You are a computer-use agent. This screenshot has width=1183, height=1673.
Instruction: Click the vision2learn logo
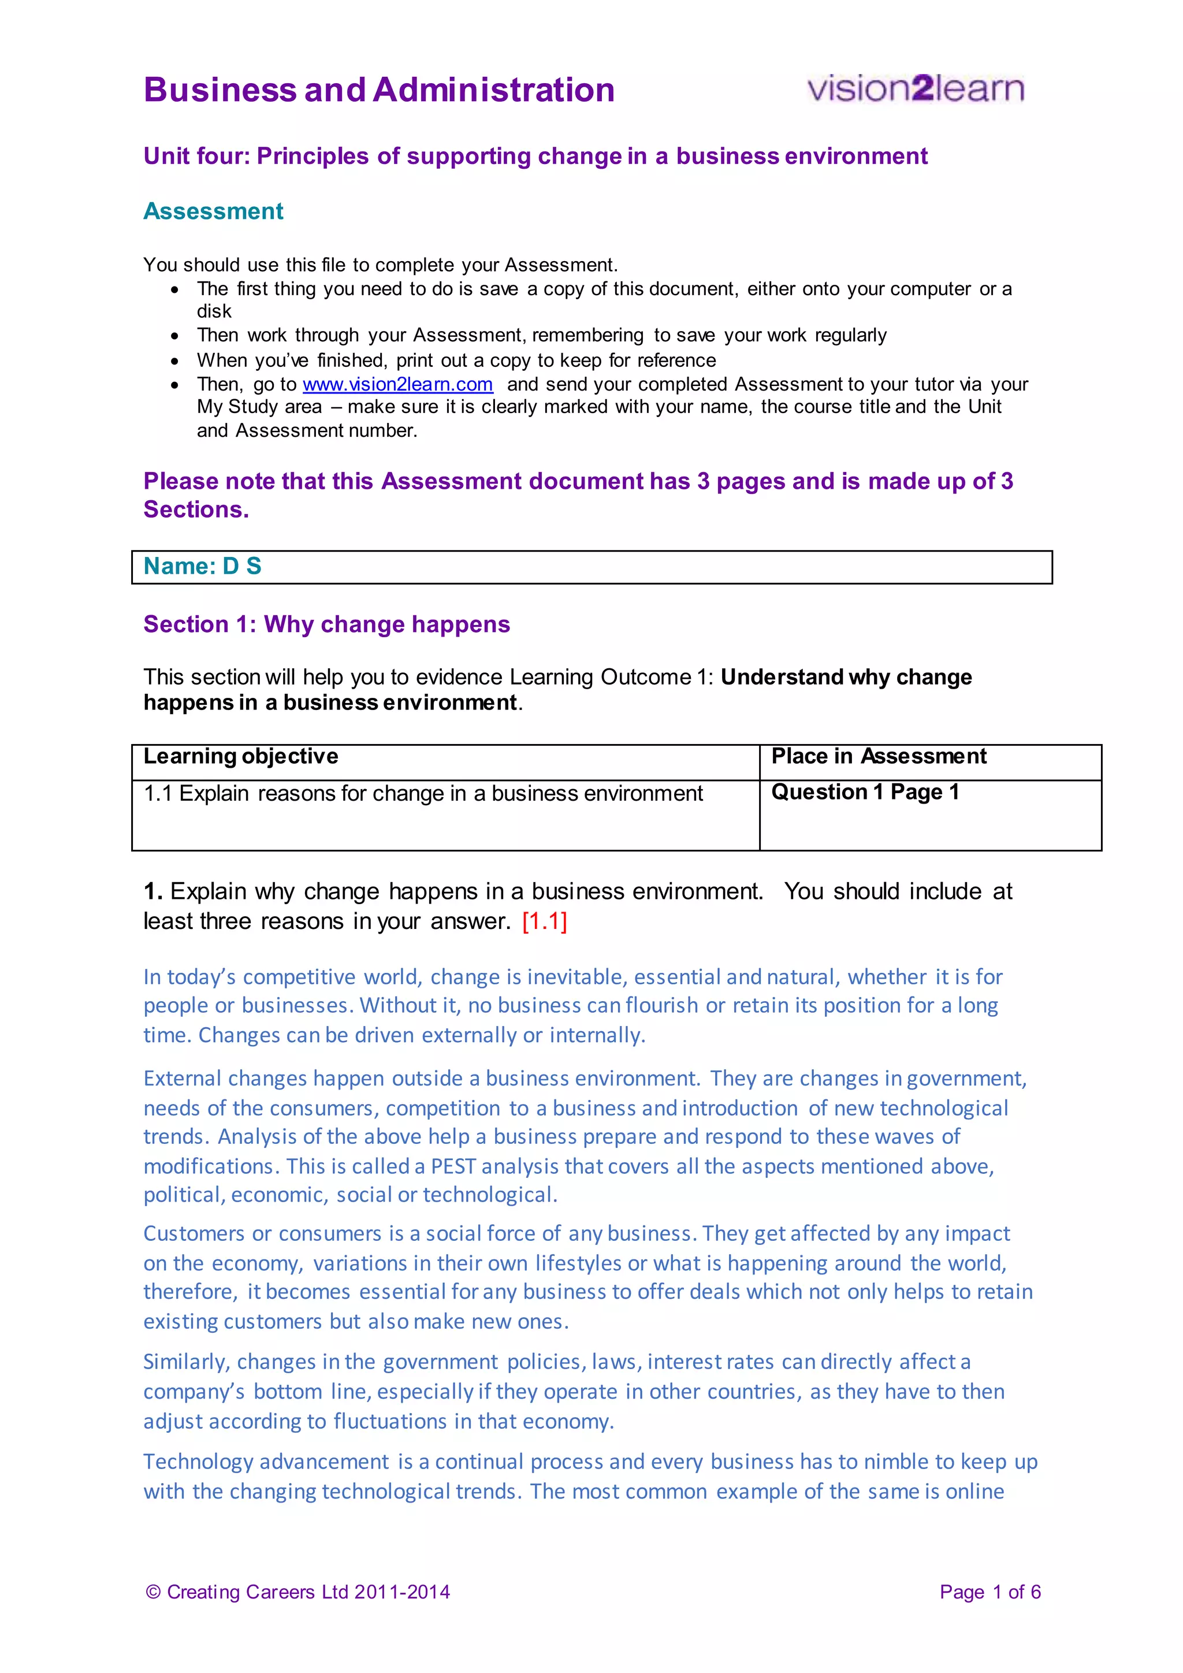[x=915, y=89]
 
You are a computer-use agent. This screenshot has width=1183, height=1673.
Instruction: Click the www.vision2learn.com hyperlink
[x=398, y=384]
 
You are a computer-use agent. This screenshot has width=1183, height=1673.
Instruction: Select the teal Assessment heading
[x=213, y=211]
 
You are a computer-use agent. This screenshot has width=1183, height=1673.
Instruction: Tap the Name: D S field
[x=591, y=567]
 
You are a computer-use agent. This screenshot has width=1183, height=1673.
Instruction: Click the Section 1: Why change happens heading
[x=326, y=624]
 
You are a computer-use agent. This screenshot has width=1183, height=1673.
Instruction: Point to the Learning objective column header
[x=241, y=756]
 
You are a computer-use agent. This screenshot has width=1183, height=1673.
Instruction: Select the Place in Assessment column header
[x=879, y=756]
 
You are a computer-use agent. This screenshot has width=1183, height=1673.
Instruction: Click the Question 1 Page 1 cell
[x=865, y=792]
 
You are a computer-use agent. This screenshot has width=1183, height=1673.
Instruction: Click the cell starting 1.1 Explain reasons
[x=422, y=794]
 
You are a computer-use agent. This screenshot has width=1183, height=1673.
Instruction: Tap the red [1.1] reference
[x=544, y=922]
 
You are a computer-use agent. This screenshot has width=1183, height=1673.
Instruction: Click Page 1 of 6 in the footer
[x=989, y=1592]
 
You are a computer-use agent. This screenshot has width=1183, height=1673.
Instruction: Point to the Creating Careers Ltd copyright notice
[x=298, y=1592]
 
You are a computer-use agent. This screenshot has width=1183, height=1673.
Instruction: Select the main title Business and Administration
[x=379, y=90]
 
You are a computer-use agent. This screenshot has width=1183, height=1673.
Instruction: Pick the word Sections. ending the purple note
[x=196, y=510]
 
